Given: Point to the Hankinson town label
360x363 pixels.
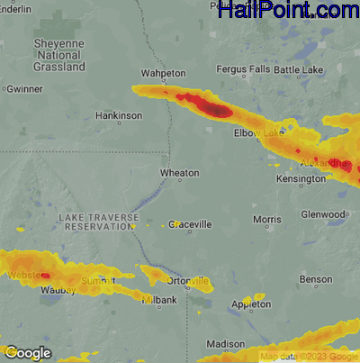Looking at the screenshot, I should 119,115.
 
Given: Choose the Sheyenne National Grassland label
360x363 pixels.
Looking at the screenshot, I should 58,55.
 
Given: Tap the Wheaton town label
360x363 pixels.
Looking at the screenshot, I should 179,172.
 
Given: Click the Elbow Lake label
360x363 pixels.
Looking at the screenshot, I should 258,133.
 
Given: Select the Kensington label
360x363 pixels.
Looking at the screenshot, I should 301,179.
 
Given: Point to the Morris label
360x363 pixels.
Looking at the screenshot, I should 267,219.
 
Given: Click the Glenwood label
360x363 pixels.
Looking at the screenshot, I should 323,214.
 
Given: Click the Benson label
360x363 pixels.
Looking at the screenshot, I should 316,280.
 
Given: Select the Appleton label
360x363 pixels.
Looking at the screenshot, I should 251,305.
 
